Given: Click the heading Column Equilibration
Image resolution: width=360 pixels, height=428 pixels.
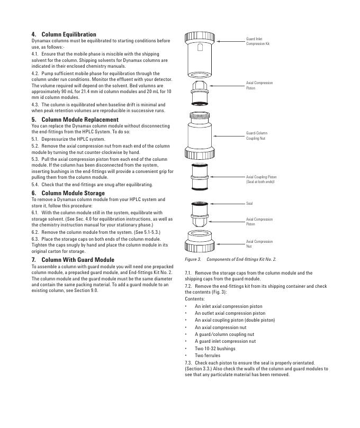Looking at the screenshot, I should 68,34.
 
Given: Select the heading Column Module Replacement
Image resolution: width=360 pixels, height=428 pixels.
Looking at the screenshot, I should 79,120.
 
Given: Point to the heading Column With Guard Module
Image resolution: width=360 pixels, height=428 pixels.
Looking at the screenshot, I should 77,260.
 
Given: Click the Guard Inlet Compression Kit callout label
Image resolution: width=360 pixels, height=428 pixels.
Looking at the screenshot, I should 258,41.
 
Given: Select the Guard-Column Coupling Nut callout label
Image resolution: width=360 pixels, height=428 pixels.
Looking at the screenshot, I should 256,135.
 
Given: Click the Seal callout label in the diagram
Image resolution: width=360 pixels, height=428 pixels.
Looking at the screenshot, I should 249,203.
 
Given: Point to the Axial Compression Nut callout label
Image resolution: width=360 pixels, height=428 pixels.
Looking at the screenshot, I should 259,244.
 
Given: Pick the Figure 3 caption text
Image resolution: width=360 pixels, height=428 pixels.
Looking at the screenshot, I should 230,260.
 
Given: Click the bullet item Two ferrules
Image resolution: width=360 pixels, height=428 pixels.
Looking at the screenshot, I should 208,356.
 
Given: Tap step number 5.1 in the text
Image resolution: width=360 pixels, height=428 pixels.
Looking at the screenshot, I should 35,139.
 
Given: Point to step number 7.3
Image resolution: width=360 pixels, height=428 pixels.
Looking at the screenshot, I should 188,362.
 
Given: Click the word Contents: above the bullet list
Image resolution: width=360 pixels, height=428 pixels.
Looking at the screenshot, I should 194,299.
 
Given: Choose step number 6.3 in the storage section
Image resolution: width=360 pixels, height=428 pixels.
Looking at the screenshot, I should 35,239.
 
